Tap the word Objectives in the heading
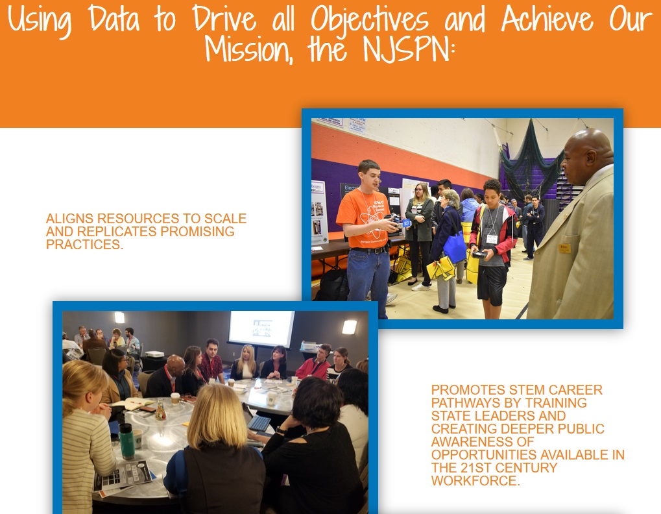[x=370, y=20]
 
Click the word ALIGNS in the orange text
[x=69, y=219]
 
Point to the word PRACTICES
[x=84, y=245]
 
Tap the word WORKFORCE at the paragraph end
[x=475, y=481]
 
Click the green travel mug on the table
[x=126, y=441]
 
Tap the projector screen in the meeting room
[x=261, y=329]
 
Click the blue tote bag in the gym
[x=455, y=247]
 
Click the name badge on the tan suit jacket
[x=564, y=248]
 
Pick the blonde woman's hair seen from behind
[x=217, y=416]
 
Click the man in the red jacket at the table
[x=314, y=363]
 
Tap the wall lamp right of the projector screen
[x=349, y=327]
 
